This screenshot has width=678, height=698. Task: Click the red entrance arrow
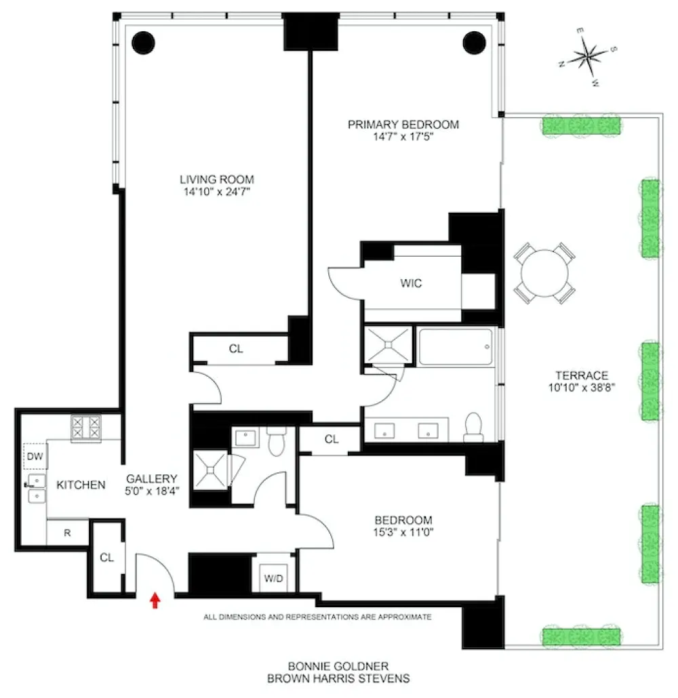tap(155, 600)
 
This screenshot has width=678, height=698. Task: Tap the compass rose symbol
tap(588, 56)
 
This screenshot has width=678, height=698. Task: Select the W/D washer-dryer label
tap(273, 578)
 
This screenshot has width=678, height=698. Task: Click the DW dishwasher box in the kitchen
tap(35, 456)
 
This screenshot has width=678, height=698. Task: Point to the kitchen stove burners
tap(86, 428)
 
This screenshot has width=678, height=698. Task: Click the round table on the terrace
tap(544, 273)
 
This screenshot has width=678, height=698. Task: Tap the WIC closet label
tap(411, 283)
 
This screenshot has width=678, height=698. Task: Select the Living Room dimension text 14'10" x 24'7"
tap(217, 192)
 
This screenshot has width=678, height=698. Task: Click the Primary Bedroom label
tap(403, 125)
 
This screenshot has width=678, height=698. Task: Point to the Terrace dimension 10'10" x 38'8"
tap(581, 387)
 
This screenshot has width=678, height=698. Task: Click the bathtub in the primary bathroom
tap(456, 347)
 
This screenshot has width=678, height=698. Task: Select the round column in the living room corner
tap(144, 43)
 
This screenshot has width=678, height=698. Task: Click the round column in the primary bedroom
tap(474, 43)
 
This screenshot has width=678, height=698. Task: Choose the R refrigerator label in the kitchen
tap(67, 533)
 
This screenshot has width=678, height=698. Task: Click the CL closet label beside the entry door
tap(106, 557)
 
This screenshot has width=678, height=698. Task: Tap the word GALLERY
tap(152, 479)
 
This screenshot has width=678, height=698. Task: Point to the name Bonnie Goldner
tap(338, 666)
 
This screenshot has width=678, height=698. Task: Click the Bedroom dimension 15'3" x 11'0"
tap(403, 532)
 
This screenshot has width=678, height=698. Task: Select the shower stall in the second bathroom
tap(211, 470)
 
